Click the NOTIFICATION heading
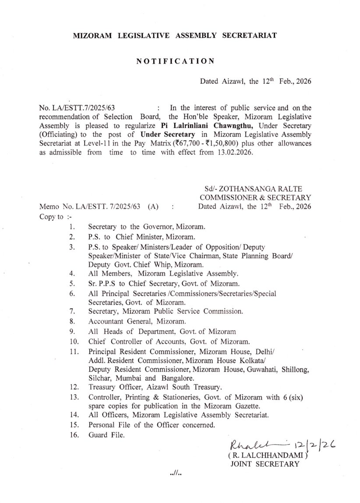click(x=175, y=61)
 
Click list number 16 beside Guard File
click(x=74, y=435)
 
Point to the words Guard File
click(x=106, y=435)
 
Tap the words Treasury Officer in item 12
click(x=115, y=387)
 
